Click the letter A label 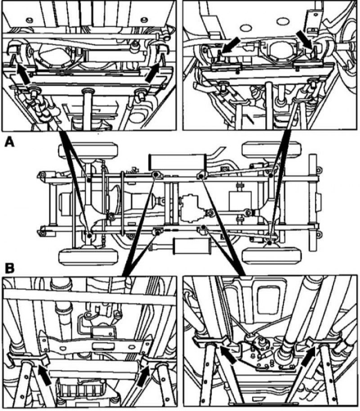click(x=9, y=143)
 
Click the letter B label click(x=10, y=268)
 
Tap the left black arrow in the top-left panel click(x=23, y=74)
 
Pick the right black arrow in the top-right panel click(x=305, y=40)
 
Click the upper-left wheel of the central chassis click(x=86, y=150)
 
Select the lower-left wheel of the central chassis click(x=88, y=257)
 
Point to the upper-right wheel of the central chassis click(x=271, y=149)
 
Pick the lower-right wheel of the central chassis click(x=272, y=257)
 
